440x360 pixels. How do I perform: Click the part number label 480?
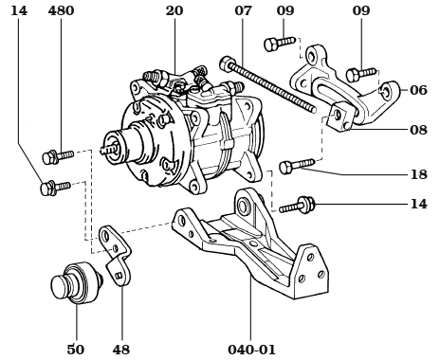click(61, 11)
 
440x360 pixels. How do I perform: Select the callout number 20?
click(174, 11)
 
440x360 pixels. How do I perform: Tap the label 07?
click(244, 11)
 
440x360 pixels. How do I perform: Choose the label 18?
click(418, 174)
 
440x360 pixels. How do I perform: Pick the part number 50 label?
click(75, 349)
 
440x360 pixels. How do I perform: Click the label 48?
click(120, 349)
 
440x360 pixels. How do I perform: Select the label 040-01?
click(250, 349)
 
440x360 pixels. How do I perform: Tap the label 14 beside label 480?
click(20, 11)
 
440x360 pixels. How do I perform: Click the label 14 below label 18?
click(418, 203)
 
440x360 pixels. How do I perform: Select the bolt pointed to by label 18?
click(295, 167)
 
